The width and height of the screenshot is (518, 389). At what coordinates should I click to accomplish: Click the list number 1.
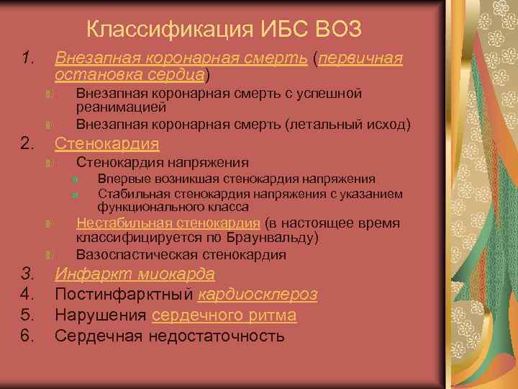click(27, 58)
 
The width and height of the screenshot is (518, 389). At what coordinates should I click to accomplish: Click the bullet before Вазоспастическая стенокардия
click(47, 255)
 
